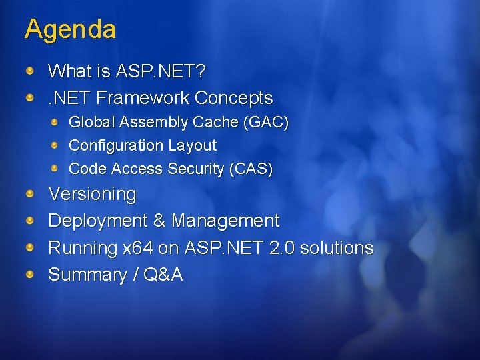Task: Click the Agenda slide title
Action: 70,29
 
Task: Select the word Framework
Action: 143,98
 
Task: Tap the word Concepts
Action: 234,98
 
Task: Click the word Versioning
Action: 92,195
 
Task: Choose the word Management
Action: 225,221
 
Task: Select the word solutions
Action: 337,248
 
